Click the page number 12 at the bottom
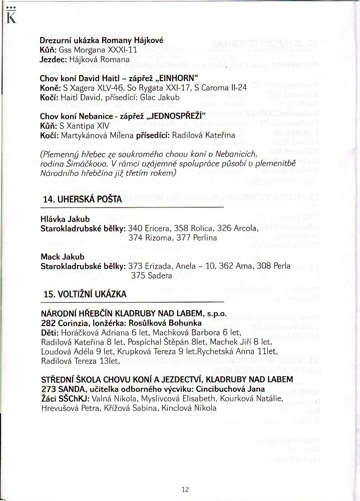pyautogui.click(x=185, y=489)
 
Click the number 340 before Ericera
pyautogui.click(x=136, y=228)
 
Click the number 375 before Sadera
pyautogui.click(x=139, y=275)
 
